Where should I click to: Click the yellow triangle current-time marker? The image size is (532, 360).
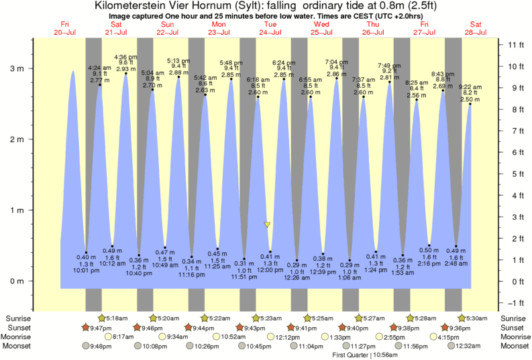(x=267, y=225)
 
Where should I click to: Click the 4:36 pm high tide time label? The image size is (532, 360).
(x=125, y=57)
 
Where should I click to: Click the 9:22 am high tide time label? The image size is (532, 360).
(x=470, y=87)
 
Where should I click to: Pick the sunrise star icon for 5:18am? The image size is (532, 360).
(x=101, y=318)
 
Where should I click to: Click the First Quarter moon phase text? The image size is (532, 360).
(x=350, y=355)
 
